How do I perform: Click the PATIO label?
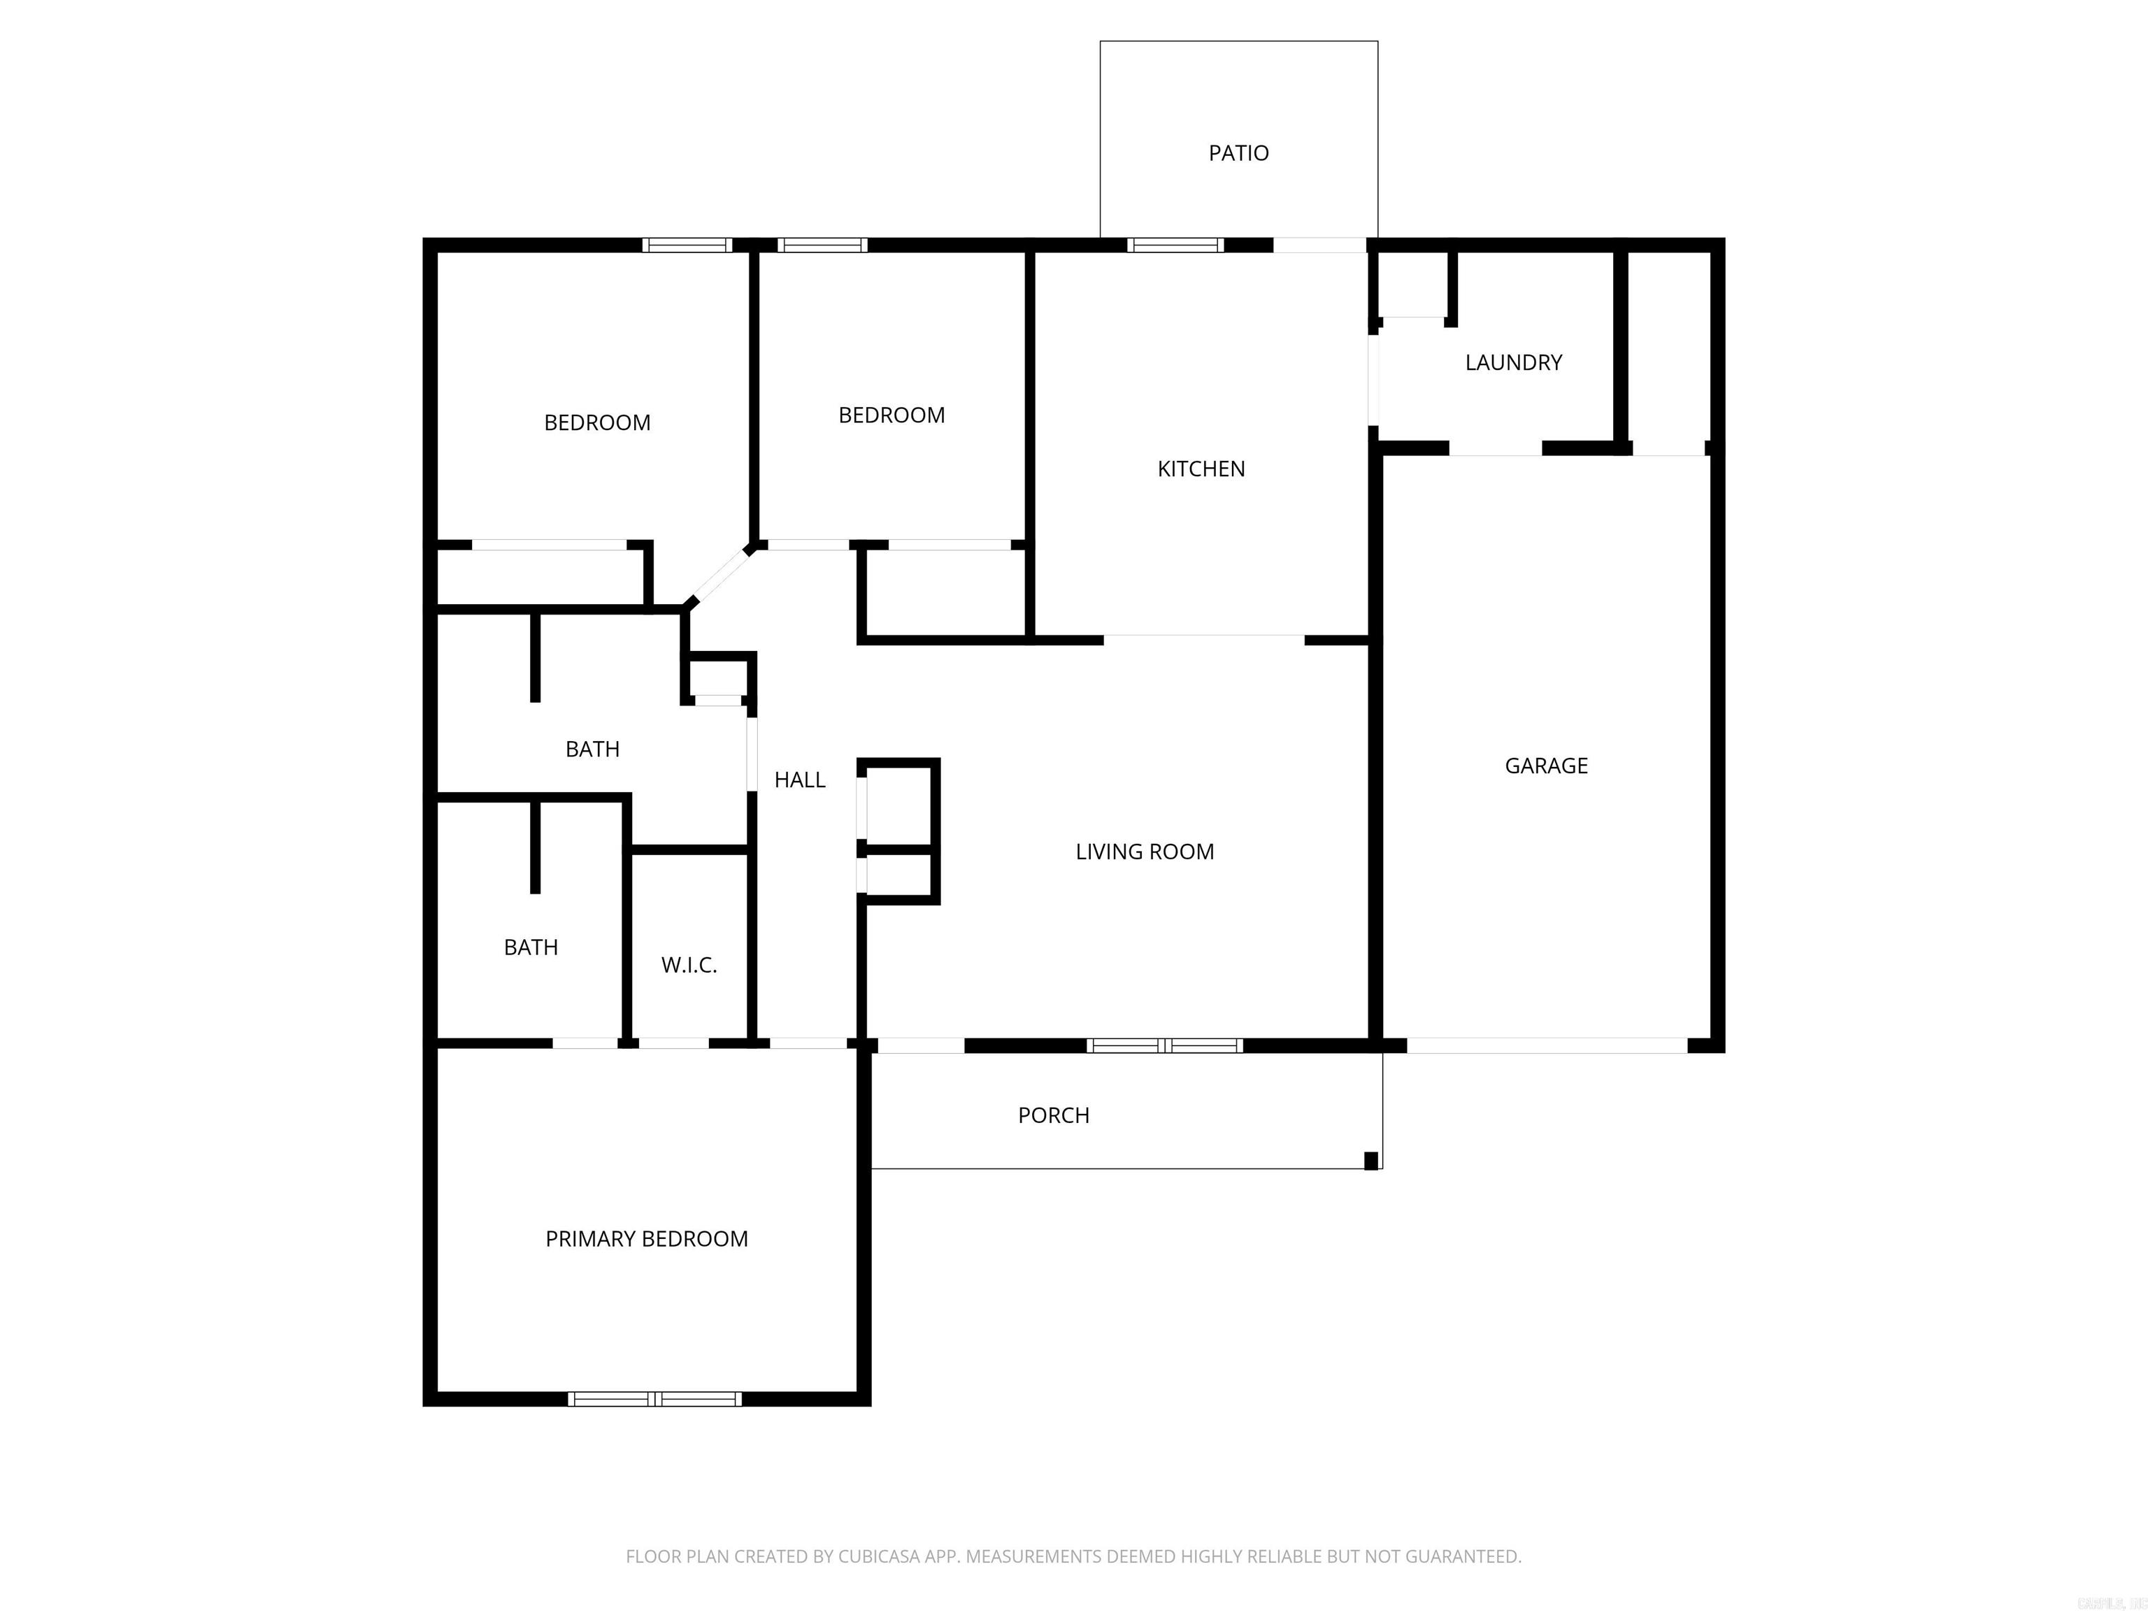tap(1238, 152)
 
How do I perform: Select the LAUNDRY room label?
tap(1513, 362)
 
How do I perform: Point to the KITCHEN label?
tap(1201, 469)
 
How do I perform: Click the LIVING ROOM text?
tap(1144, 852)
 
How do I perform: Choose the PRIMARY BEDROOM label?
tap(646, 1238)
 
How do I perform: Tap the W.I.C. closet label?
tap(689, 964)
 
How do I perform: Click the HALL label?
tap(799, 780)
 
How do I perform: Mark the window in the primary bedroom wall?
tap(654, 1398)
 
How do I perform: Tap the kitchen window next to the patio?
tap(1175, 245)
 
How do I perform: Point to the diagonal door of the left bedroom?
tap(719, 577)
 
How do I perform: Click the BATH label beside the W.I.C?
tap(530, 947)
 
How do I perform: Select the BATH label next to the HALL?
tap(592, 749)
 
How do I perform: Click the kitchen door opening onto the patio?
tap(1319, 245)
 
